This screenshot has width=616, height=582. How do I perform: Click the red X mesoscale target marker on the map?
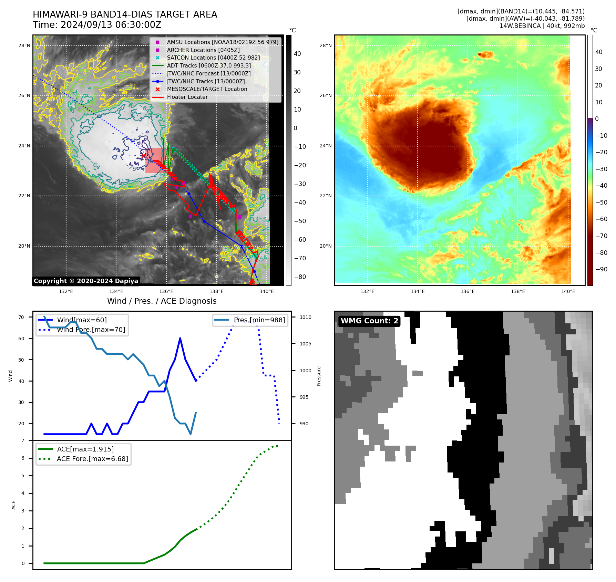(144, 156)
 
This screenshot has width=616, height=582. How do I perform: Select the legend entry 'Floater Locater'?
(187, 97)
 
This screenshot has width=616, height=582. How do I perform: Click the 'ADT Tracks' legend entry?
(209, 65)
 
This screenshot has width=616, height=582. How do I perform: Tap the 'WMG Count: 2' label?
(369, 321)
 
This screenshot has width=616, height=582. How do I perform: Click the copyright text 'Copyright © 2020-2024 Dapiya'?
(86, 281)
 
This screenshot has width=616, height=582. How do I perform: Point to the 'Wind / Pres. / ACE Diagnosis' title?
(162, 301)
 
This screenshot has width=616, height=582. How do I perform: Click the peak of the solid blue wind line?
(180, 339)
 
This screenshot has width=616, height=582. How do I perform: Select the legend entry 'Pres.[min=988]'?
(259, 320)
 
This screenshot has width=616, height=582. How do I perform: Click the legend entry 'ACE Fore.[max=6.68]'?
(92, 459)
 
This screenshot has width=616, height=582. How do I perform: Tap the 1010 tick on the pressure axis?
(306, 317)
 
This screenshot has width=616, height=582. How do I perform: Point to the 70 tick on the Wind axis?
(21, 317)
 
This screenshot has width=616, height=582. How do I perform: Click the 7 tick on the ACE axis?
(23, 440)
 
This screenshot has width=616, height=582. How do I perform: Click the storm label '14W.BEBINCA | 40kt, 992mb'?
(542, 26)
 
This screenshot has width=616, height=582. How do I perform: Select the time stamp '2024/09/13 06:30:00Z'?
(111, 25)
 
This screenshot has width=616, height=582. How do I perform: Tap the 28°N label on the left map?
(24, 45)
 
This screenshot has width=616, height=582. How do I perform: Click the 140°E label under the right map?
(568, 291)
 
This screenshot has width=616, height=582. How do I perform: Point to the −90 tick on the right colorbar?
(602, 269)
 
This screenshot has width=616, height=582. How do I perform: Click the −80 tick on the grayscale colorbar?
(300, 277)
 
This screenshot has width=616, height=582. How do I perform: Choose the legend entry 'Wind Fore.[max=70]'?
(91, 330)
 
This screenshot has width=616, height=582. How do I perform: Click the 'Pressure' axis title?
(319, 376)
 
